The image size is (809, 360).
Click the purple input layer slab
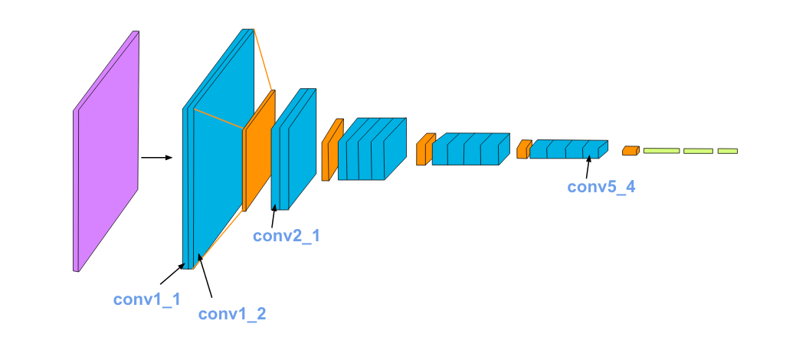(x=107, y=151)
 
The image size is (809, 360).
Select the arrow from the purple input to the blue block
(x=157, y=159)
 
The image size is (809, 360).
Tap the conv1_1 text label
(x=147, y=299)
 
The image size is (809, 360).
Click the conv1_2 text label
(x=232, y=313)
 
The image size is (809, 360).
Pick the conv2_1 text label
(x=287, y=236)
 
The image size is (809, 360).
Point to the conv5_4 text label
(x=601, y=187)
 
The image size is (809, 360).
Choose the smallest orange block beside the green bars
(x=630, y=151)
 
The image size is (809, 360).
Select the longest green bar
(x=661, y=151)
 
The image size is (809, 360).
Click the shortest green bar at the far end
(x=728, y=151)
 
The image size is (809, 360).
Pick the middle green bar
(x=698, y=151)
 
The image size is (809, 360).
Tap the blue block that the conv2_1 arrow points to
(x=294, y=149)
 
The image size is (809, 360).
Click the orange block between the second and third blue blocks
(x=332, y=150)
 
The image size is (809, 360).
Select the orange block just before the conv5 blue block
(x=524, y=149)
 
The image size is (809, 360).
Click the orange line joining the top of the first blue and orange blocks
(x=263, y=61)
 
